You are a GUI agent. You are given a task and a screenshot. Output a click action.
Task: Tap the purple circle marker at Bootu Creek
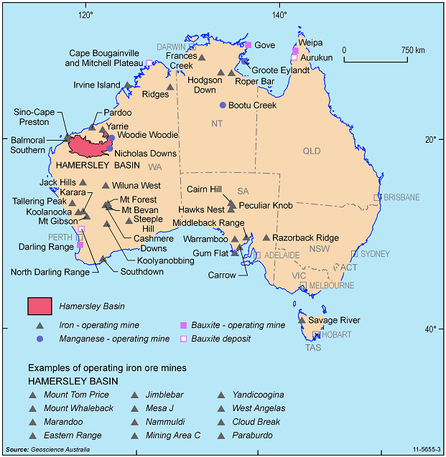coord(223,105)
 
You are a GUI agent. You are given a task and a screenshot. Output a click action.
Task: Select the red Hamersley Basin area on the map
coord(90,146)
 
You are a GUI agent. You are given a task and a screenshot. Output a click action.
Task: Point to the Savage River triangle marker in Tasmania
coord(301,320)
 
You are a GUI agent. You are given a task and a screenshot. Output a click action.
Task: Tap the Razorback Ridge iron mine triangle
coord(266,237)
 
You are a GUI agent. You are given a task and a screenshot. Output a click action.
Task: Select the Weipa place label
coord(310,42)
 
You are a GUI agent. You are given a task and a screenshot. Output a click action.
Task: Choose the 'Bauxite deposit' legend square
coord(183,338)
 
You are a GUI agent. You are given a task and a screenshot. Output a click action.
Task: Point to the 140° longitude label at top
coord(278,16)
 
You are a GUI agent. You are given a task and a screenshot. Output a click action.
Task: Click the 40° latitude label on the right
coord(429,329)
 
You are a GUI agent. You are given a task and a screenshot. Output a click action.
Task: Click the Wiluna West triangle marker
coord(106,185)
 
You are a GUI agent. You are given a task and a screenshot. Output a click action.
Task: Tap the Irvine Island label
coord(97,85)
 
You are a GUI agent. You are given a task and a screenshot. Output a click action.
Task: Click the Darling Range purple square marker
coord(80,245)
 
